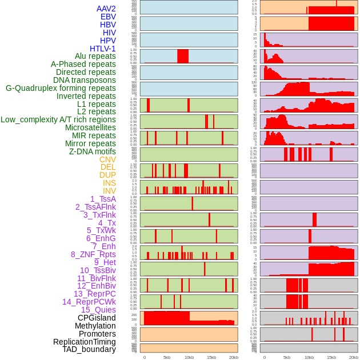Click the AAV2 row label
pyautogui.click(x=106, y=9)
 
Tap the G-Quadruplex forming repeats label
pyautogui.click(x=61, y=88)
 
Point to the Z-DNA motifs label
pyautogui.click(x=93, y=151)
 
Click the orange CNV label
pyautogui.click(x=107, y=159)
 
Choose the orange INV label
pyautogui.click(x=109, y=191)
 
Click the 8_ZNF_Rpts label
pyautogui.click(x=93, y=254)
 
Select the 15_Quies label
pyautogui.click(x=98, y=310)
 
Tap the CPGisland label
pyautogui.click(x=97, y=318)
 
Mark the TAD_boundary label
pyautogui.click(x=89, y=349)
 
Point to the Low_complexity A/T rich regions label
pyautogui.click(x=58, y=119)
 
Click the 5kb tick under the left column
pyautogui.click(x=167, y=358)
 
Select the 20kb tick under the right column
pyautogui.click(x=354, y=358)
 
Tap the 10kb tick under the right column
pyautogui.click(x=309, y=358)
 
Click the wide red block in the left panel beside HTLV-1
pyautogui.click(x=183, y=56)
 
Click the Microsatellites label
pyautogui.click(x=90, y=127)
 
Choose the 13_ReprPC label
pyautogui.click(x=94, y=294)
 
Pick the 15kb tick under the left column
pyautogui.click(x=211, y=358)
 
